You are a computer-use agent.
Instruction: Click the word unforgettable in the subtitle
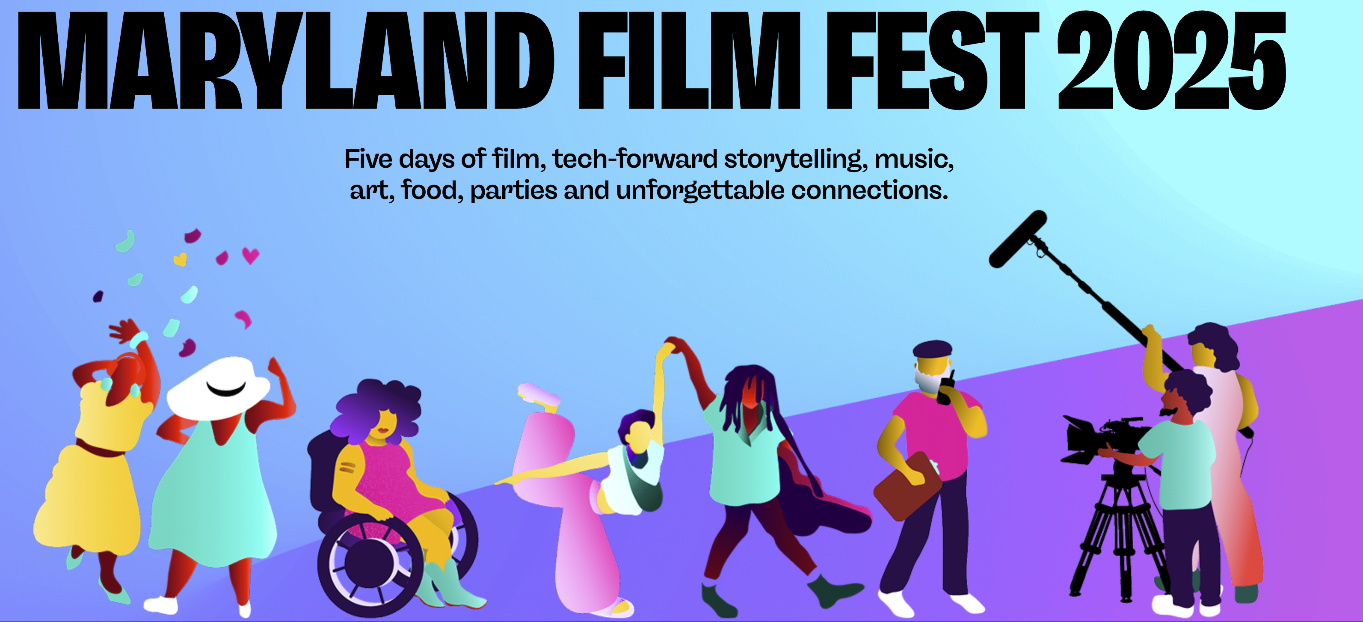coord(700,190)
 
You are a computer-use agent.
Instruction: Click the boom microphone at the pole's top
coord(1017,239)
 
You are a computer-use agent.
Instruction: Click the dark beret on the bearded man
coord(932,349)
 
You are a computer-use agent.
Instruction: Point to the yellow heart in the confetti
coord(180,259)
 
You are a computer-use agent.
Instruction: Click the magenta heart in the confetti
coord(251,255)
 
